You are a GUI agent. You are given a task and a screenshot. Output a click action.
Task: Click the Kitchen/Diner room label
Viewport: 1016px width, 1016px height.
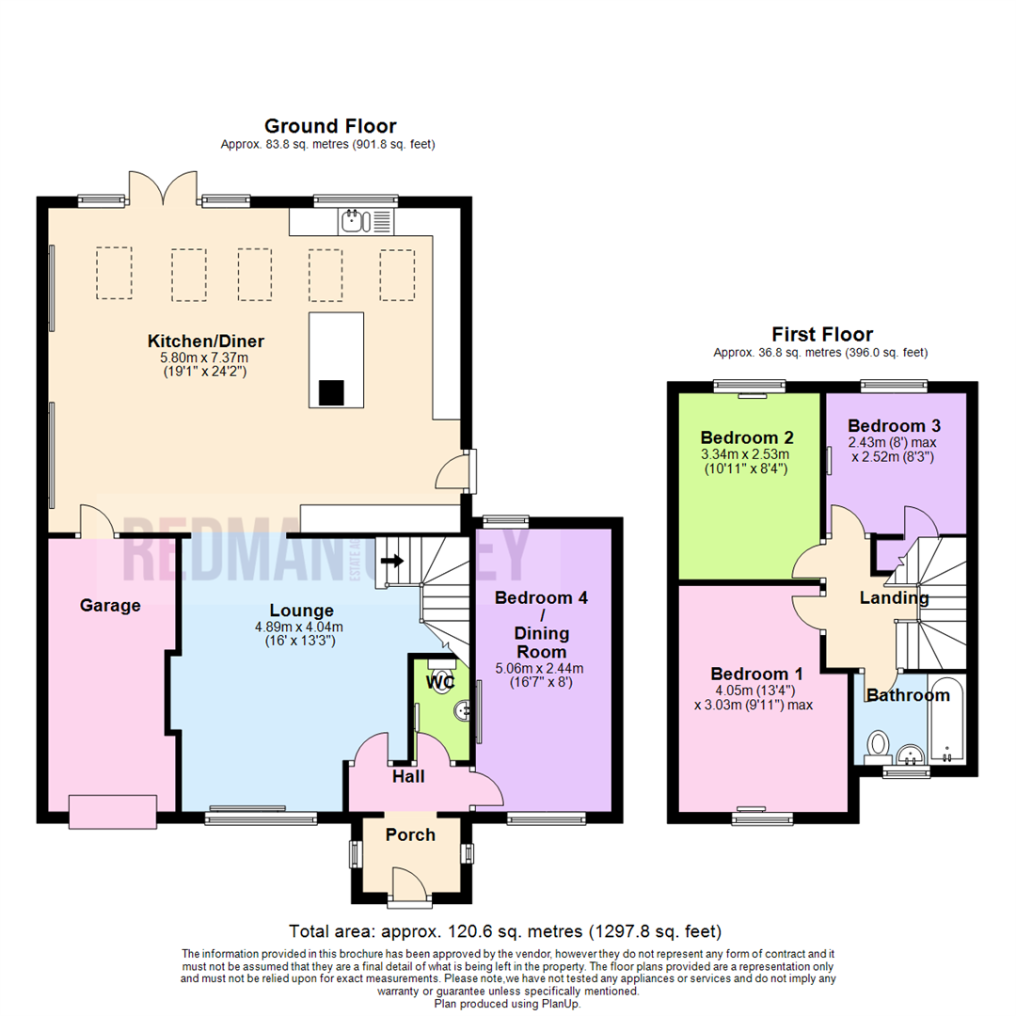coord(205,341)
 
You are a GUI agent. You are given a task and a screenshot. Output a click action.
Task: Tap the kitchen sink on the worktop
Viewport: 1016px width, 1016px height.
coord(355,222)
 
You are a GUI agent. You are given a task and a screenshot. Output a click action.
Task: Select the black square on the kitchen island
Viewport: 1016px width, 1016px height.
coord(331,392)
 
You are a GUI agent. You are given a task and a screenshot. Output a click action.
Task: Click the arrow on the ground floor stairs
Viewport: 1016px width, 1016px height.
coord(393,562)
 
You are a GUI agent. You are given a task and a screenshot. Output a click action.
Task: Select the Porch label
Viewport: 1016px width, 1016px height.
coord(411,834)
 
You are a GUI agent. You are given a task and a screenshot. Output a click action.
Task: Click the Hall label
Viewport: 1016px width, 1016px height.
coord(408,776)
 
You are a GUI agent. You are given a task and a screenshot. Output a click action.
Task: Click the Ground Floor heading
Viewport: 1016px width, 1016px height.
coord(329,126)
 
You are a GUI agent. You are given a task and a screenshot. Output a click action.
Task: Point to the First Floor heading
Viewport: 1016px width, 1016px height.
coord(821,334)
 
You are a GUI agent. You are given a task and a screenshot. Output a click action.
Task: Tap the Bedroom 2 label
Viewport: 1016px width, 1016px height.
coord(747,437)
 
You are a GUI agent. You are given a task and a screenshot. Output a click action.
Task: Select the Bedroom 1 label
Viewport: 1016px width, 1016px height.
coord(756,674)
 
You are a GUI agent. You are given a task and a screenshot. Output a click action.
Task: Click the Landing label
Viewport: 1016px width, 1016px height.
coord(894,597)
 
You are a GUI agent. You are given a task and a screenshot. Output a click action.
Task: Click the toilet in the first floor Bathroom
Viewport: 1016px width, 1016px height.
coord(878,746)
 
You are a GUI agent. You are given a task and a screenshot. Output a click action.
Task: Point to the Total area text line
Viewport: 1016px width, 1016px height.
coord(505,931)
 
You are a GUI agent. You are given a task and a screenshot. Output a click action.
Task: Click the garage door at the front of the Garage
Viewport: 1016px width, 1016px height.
coord(112,811)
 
